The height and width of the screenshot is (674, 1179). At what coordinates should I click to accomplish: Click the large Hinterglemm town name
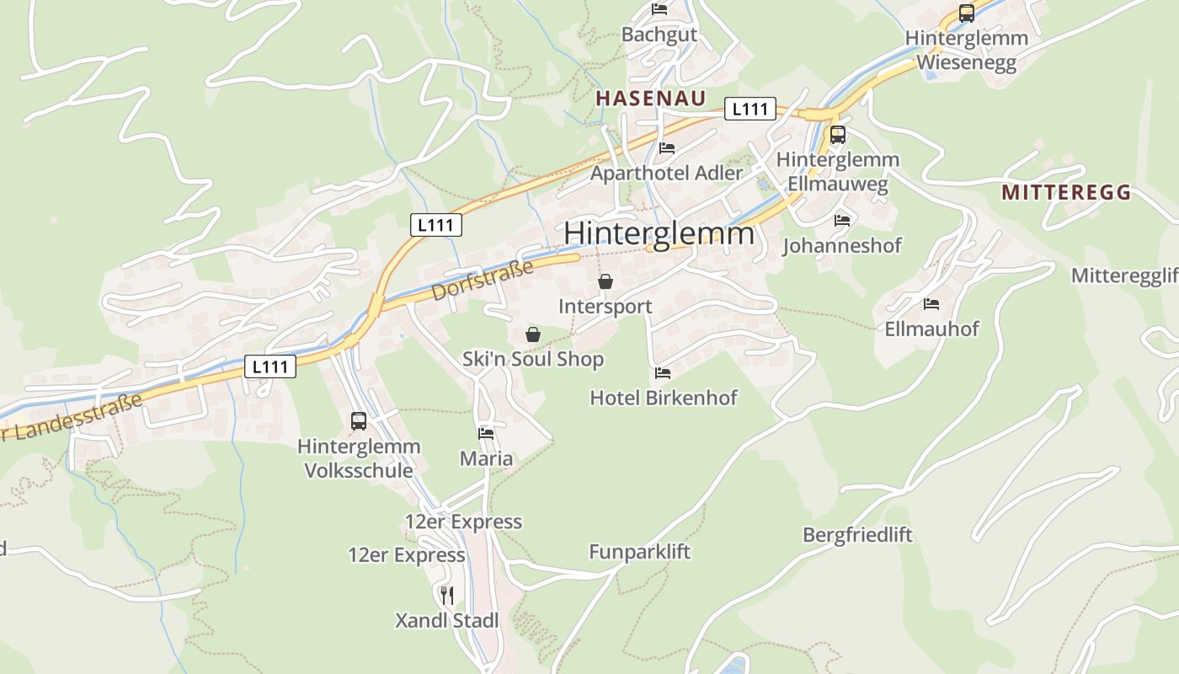659,233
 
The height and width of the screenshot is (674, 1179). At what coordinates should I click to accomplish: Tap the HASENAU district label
651,98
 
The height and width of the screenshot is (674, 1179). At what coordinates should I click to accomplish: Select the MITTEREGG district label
1066,192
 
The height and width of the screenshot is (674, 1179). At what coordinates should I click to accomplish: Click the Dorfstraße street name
483,281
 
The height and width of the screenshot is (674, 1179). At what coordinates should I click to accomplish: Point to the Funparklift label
639,552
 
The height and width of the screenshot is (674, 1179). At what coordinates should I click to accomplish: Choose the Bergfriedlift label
857,535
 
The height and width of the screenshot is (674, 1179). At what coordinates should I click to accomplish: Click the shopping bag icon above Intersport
605,281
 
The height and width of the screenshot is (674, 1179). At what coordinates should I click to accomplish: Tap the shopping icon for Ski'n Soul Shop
532,334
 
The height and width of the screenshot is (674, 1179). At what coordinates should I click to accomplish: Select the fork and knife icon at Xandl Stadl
447,596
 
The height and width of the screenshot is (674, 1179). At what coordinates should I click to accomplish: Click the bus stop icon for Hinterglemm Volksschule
359,421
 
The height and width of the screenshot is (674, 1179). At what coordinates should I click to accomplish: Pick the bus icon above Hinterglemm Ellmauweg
837,135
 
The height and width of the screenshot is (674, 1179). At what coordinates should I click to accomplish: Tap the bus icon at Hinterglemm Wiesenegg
967,13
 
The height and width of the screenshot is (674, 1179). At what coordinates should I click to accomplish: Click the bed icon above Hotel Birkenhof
663,372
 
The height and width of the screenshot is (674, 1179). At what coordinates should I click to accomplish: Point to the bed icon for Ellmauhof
931,303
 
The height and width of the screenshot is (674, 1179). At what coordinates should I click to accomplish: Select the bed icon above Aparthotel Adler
667,148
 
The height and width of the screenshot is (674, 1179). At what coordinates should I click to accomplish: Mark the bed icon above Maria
486,434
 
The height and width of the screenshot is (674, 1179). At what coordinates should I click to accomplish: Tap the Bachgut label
659,35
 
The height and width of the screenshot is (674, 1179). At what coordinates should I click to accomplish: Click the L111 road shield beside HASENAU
750,109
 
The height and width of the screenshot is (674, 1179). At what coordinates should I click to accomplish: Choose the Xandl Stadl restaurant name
447,621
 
